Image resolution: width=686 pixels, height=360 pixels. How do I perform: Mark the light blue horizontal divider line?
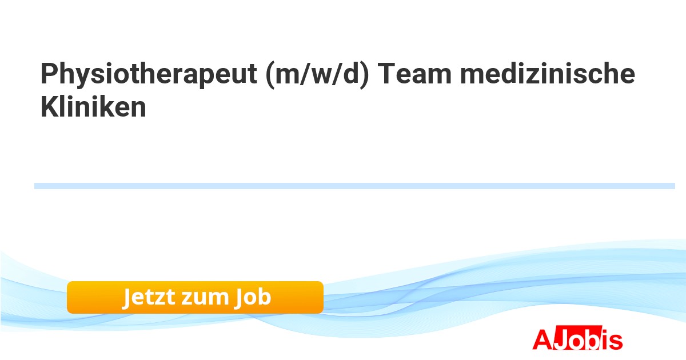point(354,186)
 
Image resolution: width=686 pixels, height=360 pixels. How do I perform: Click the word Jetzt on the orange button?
point(148,297)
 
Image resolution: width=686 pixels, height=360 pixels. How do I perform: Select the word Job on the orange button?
point(252,297)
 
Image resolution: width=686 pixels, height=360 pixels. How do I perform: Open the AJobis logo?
point(577,339)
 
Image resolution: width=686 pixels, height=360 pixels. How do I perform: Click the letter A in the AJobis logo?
point(542,339)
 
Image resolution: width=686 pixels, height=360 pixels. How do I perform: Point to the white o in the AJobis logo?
point(574,341)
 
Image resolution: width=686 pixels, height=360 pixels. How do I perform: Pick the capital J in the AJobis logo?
point(559,339)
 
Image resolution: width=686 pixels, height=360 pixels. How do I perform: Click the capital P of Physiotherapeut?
point(48,75)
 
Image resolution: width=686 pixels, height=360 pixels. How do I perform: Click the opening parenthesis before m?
point(270,76)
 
